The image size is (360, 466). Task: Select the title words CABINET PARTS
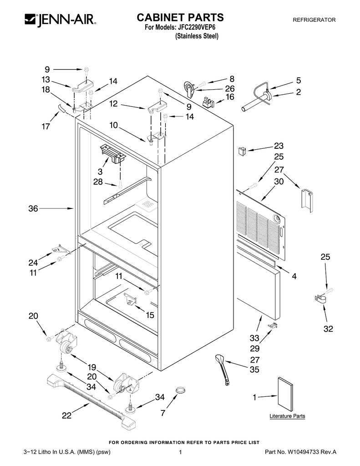(181, 18)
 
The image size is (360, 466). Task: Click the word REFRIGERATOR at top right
(314, 20)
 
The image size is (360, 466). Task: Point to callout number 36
(33, 209)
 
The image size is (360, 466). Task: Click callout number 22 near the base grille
(67, 415)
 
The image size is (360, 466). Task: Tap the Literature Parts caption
(287, 416)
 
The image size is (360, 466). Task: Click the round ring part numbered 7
(181, 390)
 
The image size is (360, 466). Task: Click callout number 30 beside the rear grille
(279, 181)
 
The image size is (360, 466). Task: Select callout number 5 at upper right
(299, 81)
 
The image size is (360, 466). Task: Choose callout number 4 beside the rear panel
(294, 276)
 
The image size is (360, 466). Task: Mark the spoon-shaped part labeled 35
(223, 369)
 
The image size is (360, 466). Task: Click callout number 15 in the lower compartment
(149, 314)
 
